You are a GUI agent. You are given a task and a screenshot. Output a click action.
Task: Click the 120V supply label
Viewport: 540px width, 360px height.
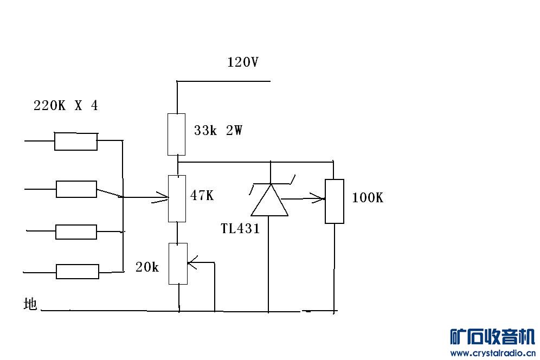242,62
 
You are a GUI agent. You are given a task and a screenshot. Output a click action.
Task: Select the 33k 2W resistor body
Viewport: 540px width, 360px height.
176,134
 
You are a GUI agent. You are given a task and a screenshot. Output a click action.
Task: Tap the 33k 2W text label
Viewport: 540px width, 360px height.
218,131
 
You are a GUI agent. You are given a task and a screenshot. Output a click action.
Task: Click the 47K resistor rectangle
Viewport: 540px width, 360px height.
177,198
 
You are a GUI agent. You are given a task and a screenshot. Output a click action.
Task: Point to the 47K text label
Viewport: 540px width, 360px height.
202,196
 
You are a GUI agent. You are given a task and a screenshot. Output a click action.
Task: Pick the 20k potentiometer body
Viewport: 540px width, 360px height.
178,263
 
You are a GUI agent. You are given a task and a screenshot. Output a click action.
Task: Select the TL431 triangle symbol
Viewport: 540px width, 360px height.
269,200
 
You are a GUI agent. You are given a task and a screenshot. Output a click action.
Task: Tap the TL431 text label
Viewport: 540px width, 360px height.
240,229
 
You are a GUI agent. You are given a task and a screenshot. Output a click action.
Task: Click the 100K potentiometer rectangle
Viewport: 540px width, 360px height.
335,201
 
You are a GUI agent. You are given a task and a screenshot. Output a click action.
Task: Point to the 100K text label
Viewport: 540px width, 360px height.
367,198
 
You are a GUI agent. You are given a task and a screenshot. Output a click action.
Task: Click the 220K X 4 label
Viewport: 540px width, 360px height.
66,106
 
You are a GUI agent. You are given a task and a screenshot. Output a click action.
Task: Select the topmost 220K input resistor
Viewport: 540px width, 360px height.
76,141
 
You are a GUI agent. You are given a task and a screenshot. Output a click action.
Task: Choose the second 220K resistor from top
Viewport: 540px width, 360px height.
76,189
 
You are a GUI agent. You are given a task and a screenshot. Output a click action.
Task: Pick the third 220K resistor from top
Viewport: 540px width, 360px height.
76,232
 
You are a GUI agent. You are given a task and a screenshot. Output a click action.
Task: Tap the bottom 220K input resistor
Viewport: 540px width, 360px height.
78,271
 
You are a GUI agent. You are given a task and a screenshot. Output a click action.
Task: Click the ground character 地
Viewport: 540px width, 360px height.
30,304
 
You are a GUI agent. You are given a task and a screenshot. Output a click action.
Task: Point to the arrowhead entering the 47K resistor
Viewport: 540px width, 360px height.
163,198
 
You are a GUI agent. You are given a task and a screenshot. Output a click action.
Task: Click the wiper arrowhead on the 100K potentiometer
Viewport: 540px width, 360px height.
319,199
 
